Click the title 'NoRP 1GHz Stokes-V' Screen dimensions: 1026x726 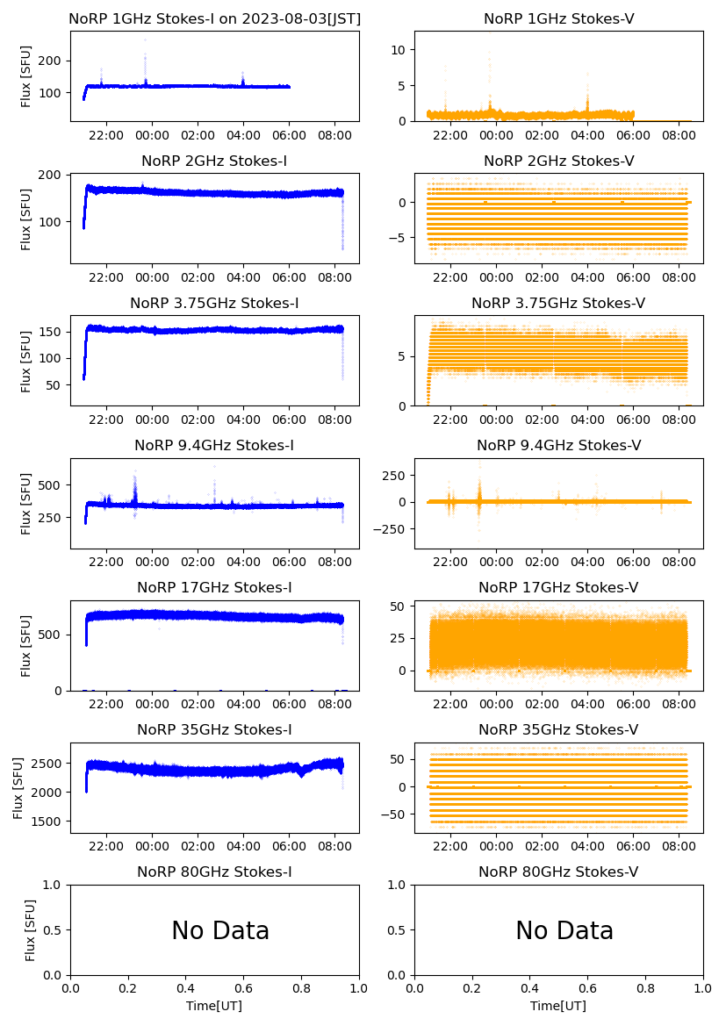tap(558, 19)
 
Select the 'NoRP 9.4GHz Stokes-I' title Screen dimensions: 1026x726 tap(214, 446)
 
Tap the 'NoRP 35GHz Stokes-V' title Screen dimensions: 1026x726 tap(558, 730)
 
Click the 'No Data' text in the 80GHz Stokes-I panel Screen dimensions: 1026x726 tap(220, 930)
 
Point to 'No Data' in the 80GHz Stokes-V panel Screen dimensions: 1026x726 tap(564, 930)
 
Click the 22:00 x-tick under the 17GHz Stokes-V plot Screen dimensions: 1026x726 tap(450, 704)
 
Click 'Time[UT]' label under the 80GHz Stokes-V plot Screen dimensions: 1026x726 tap(558, 1006)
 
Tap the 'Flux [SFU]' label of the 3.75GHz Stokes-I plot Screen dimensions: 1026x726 tap(26, 361)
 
